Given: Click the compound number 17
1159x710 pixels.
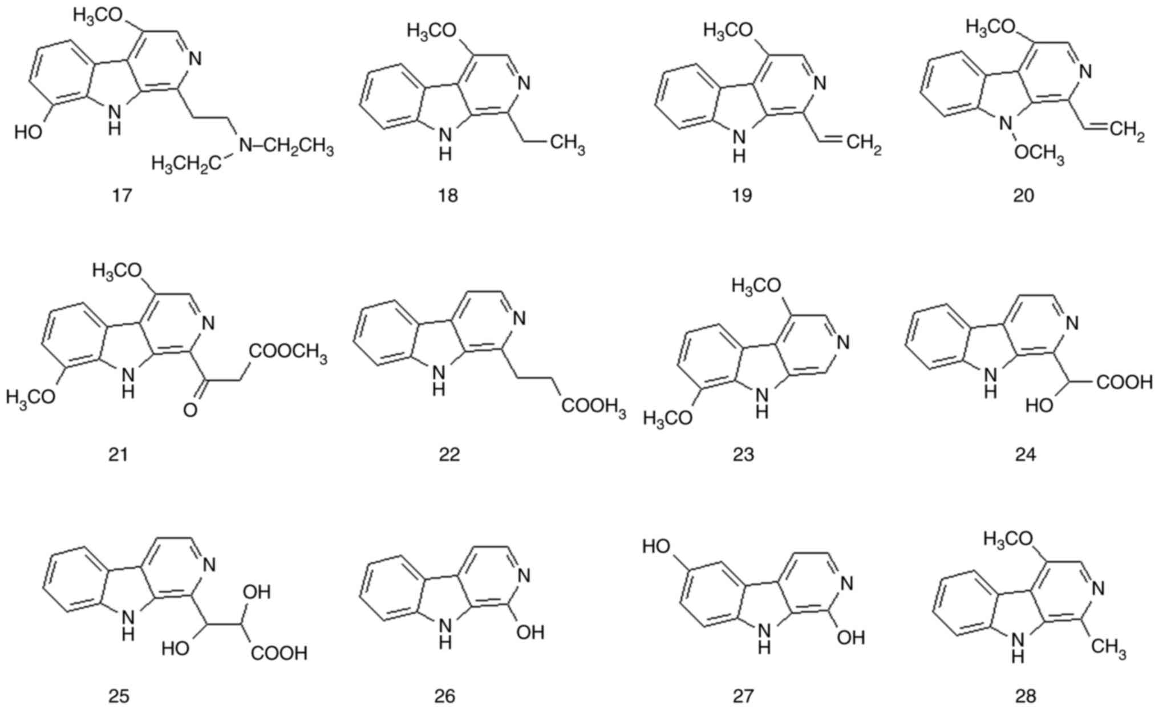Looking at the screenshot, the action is click(121, 196).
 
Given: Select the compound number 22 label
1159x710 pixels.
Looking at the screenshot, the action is click(449, 455).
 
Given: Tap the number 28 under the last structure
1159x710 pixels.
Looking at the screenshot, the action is click(1025, 696).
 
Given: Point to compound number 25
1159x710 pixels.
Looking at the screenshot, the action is click(119, 696).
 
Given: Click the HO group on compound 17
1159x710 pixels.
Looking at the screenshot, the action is click(29, 132).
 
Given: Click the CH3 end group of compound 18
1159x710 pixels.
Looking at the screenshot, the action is click(567, 143).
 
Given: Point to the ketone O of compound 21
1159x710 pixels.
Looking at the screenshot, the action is click(191, 409).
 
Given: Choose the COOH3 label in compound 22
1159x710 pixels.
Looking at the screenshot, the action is click(593, 407).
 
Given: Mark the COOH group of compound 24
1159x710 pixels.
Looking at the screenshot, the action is click(1124, 382).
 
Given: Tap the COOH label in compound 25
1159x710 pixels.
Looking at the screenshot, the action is click(279, 654).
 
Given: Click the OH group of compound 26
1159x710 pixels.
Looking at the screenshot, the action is click(530, 632).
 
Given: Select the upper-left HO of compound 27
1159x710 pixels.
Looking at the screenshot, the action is click(656, 546).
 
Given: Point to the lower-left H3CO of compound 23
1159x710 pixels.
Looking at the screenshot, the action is click(667, 419).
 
